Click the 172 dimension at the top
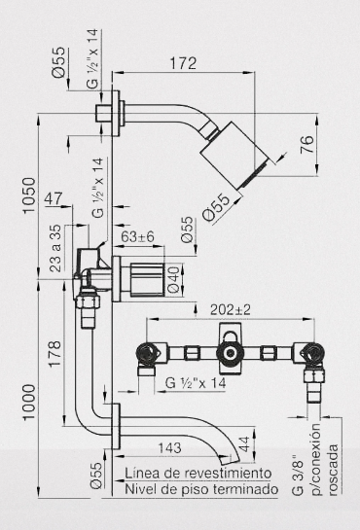pos(183,63)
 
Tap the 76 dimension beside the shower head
pos(307,145)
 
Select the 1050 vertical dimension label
pos(29,195)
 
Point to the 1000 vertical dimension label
pos(29,403)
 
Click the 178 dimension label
pos(54,354)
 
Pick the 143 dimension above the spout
pos(169,448)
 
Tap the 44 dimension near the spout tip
pos(243,443)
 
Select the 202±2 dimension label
pos(231,309)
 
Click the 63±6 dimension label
pos(137,237)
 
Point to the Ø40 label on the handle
pos(174,279)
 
